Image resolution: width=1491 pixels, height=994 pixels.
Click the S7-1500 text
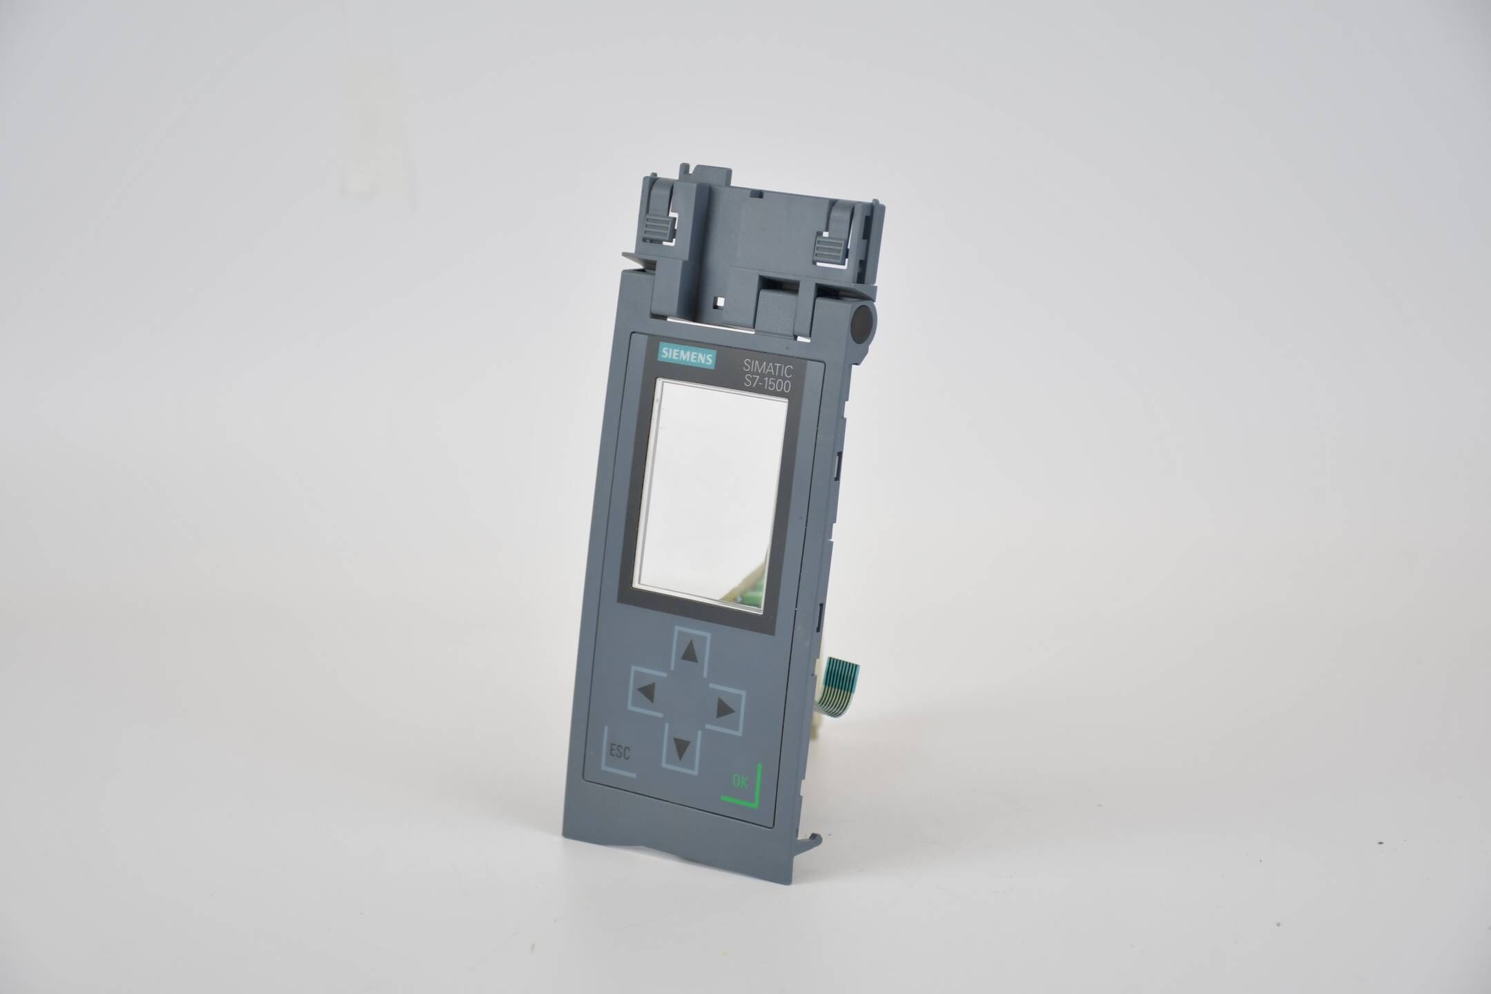[766, 388]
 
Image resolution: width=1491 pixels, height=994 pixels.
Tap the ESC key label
[621, 752]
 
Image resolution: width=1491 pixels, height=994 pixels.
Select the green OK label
[739, 782]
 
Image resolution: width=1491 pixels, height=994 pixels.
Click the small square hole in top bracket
[720, 302]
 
